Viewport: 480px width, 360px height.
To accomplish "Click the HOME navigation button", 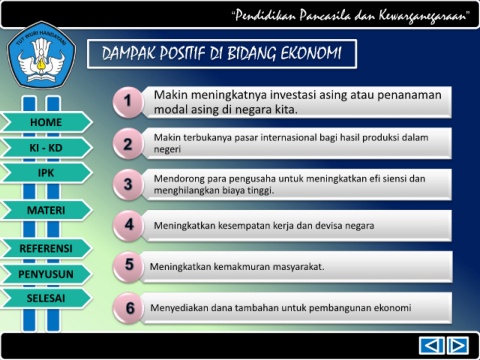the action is click(46, 122).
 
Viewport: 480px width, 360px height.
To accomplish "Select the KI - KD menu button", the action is click(46, 148).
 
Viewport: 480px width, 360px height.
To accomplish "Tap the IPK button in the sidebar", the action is click(46, 173).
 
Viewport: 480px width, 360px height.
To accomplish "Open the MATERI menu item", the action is click(46, 210).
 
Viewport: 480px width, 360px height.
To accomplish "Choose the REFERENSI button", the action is click(46, 248).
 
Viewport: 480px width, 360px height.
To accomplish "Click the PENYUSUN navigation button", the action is click(46, 274).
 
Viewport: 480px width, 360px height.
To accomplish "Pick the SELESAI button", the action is click(46, 298).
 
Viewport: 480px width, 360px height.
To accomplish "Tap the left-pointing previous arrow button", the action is click(431, 345).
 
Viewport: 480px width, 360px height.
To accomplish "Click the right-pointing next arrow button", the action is click(458, 345).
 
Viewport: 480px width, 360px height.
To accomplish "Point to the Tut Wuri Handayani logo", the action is click(42, 56).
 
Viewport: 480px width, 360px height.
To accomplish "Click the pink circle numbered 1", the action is click(128, 101).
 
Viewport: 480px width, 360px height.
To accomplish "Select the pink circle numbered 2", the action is click(128, 144).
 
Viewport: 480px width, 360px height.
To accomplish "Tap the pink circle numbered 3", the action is click(128, 184).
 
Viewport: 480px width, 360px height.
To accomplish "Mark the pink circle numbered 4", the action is click(128, 225).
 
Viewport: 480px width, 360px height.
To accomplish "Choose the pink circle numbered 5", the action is click(128, 266).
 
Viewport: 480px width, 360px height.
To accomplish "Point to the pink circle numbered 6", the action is click(129, 308).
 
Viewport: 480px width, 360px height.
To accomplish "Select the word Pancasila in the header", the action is click(325, 16).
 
